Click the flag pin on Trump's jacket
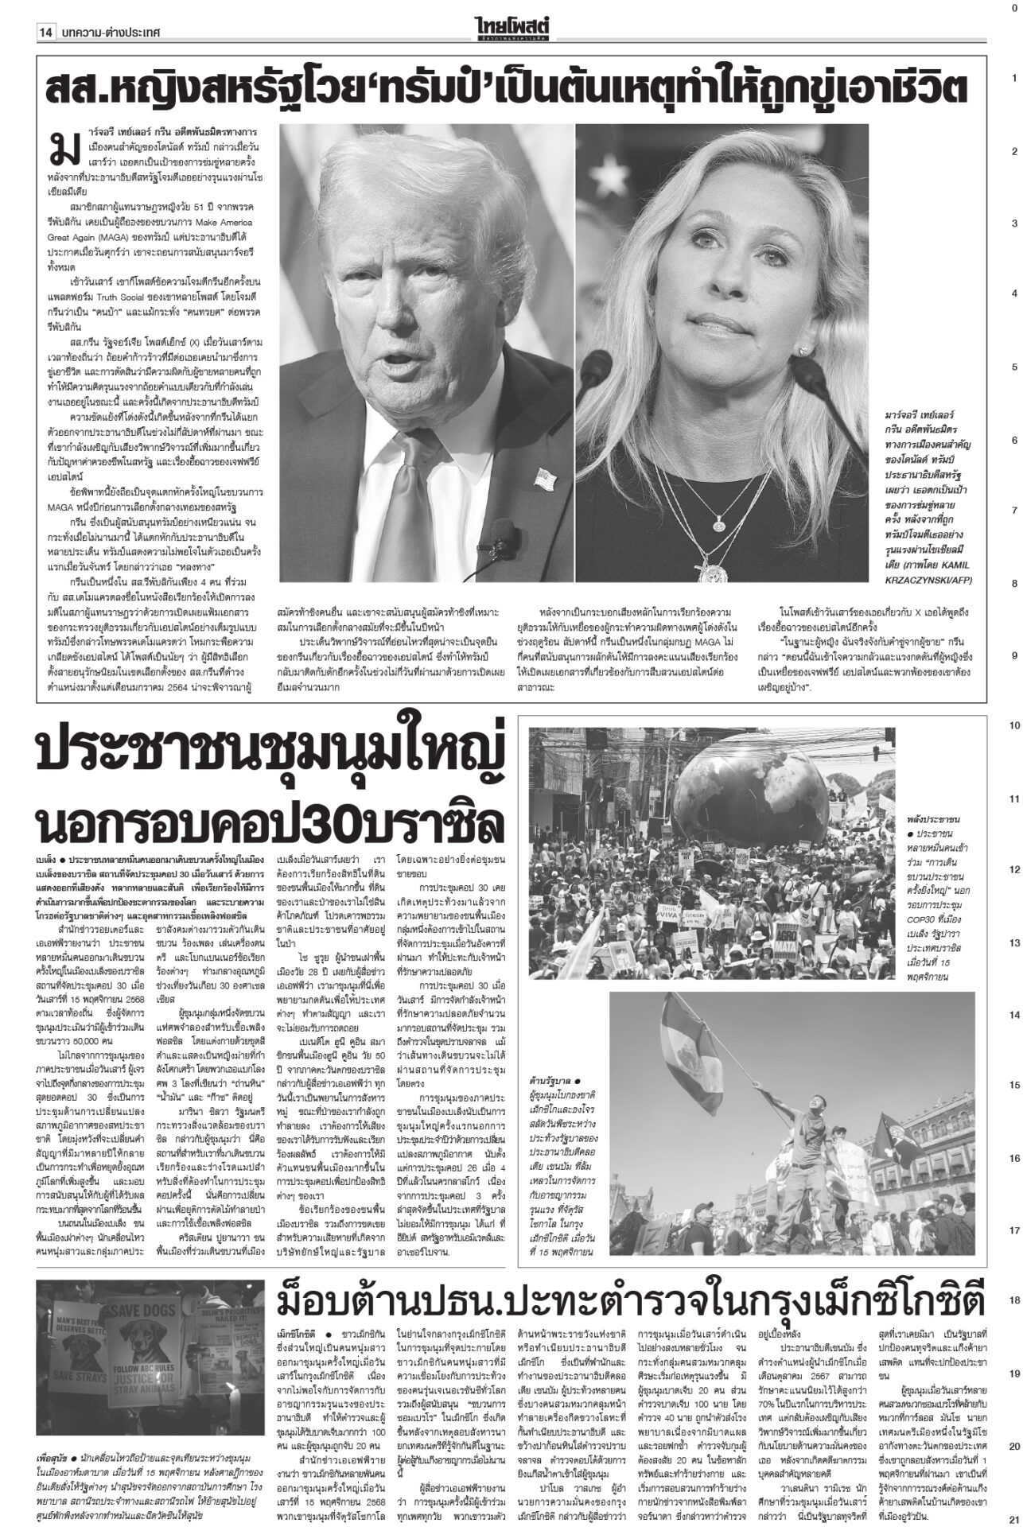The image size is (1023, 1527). click(546, 479)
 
